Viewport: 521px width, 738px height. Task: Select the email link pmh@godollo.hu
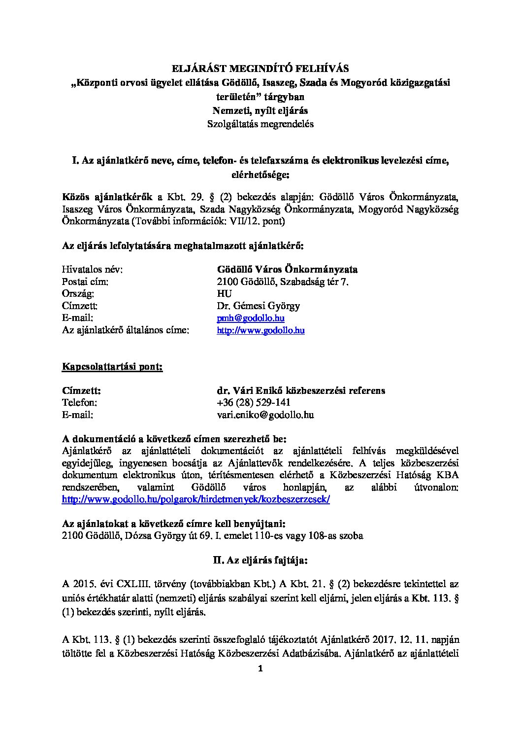coord(251,318)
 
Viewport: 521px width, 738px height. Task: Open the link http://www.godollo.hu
coord(260,330)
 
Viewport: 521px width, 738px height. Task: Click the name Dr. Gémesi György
coord(259,306)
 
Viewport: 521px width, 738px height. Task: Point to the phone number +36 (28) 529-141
coord(250,403)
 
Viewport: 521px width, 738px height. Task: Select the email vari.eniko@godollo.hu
coord(265,415)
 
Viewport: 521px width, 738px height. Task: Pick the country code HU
coord(225,294)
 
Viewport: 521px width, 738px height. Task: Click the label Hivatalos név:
coord(92,270)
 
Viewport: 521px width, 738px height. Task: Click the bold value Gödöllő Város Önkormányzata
coord(287,270)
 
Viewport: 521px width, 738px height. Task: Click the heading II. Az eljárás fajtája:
coord(260,561)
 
